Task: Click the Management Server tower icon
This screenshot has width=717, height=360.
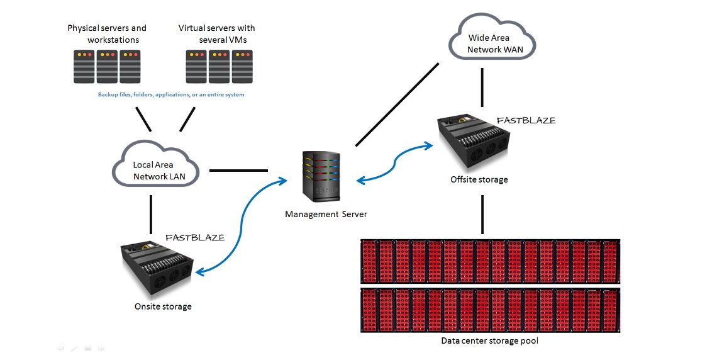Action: click(x=321, y=177)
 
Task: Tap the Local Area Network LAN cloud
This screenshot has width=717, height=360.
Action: click(x=156, y=164)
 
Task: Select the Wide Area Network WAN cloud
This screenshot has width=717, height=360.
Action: click(x=492, y=37)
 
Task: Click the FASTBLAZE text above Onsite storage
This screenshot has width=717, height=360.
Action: click(x=195, y=237)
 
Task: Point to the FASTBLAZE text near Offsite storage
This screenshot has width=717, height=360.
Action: click(x=526, y=120)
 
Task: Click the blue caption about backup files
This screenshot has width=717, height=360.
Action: click(x=171, y=94)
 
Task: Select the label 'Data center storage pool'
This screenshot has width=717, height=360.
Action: click(x=489, y=340)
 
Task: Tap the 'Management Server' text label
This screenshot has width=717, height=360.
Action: click(x=326, y=214)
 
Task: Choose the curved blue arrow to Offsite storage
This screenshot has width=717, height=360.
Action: click(x=394, y=163)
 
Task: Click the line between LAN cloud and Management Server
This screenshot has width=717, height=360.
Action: click(x=239, y=171)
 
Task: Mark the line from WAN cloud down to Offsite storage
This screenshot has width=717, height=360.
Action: click(x=482, y=88)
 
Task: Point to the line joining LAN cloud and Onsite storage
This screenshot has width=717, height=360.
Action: click(x=151, y=215)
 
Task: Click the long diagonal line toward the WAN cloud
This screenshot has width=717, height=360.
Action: click(x=397, y=104)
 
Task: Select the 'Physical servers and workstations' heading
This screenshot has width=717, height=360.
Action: click(x=107, y=34)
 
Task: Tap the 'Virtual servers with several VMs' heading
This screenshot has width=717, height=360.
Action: click(x=217, y=34)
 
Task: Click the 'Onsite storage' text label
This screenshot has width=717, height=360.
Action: click(x=163, y=307)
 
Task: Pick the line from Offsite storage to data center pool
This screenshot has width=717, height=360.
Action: click(x=482, y=215)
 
